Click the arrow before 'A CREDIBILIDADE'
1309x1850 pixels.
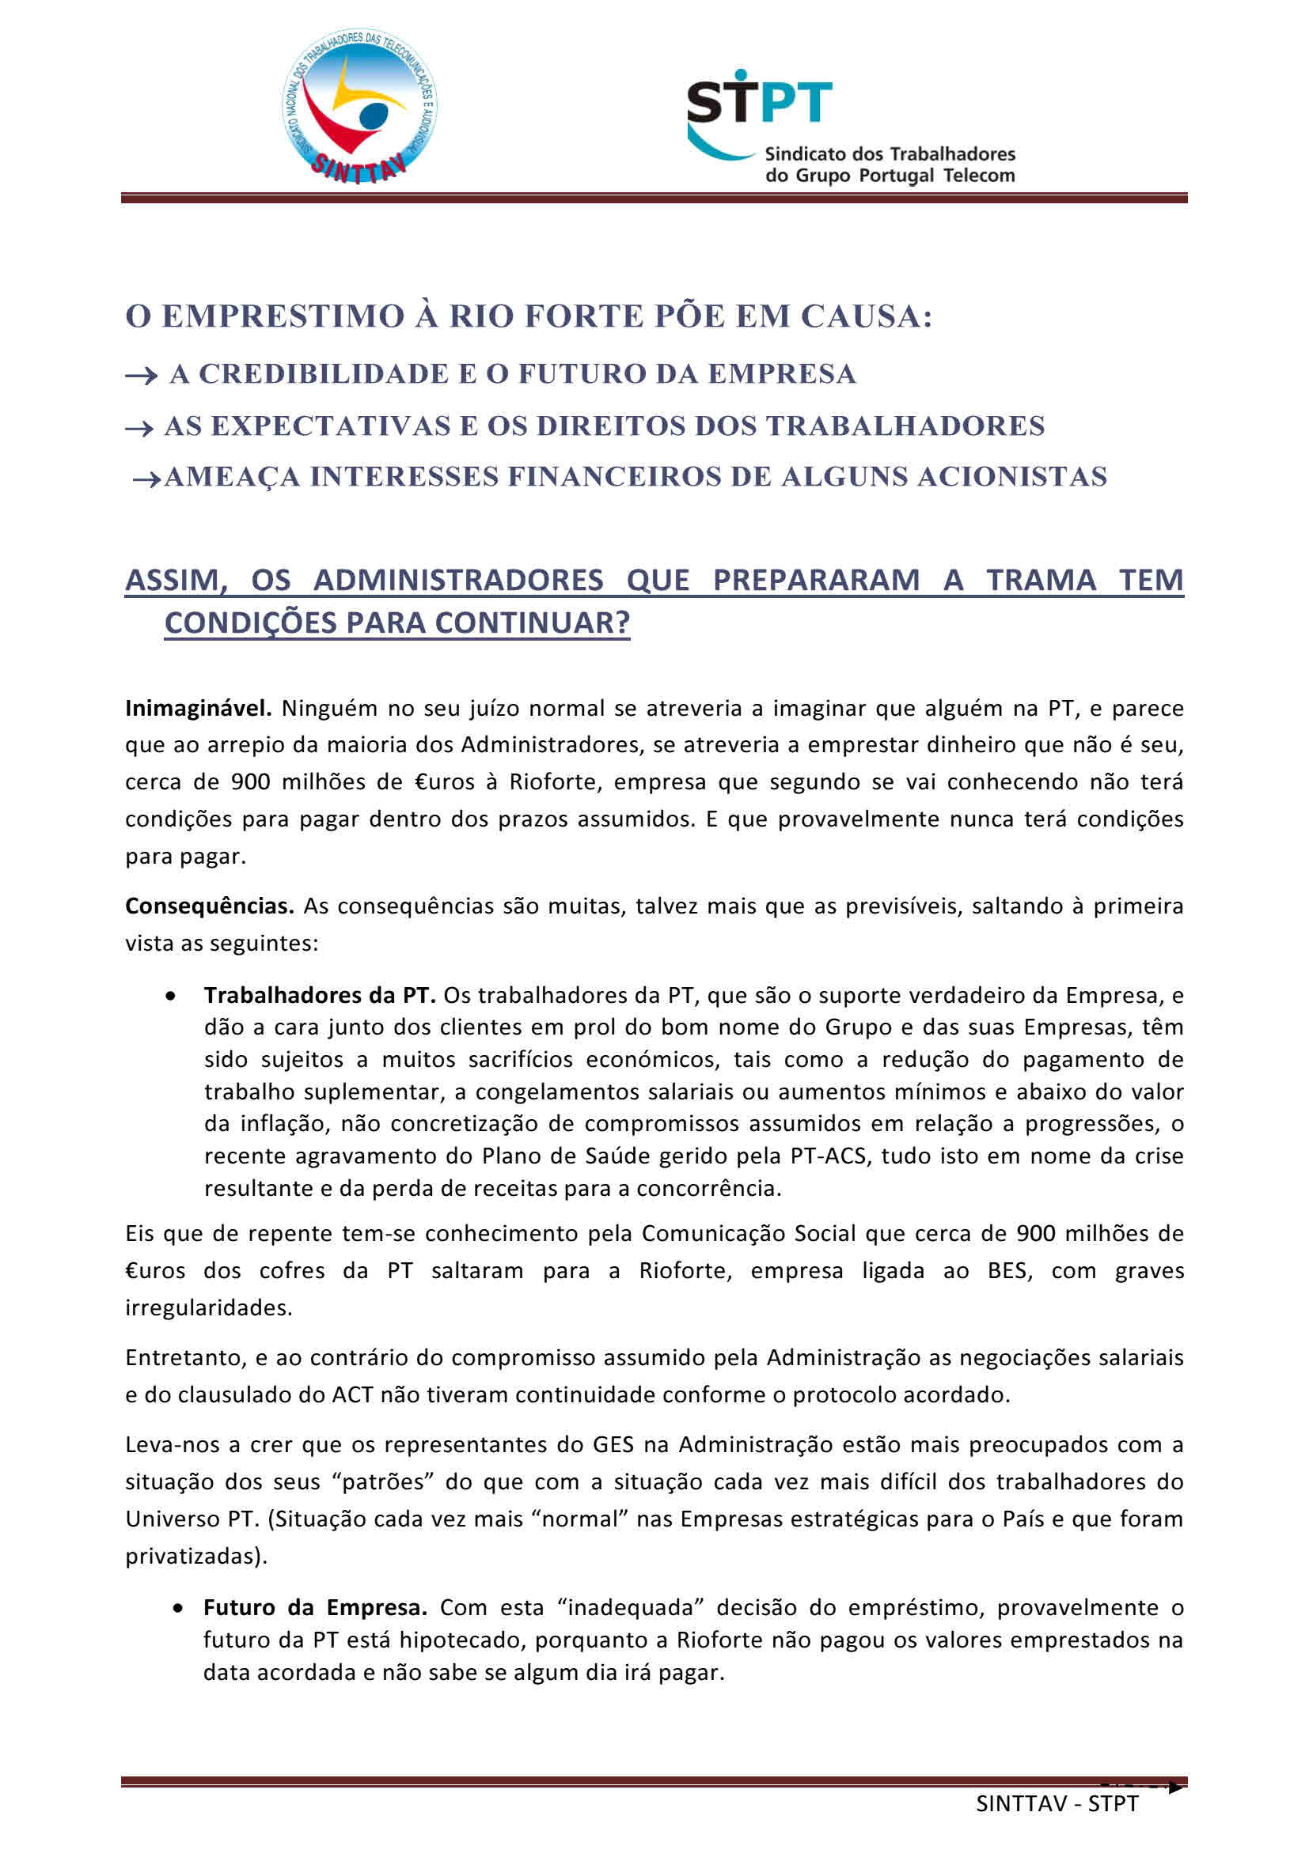[x=141, y=376]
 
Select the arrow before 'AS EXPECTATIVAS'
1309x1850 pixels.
[x=139, y=428]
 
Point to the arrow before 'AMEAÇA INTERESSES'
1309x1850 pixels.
[x=146, y=479]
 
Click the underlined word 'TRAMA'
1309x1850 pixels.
[x=1041, y=580]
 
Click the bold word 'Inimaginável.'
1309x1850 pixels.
[x=199, y=708]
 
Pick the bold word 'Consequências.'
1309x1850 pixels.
[x=209, y=906]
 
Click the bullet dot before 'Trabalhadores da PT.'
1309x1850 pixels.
[x=170, y=997]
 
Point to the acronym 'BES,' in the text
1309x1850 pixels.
[x=1010, y=1271]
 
